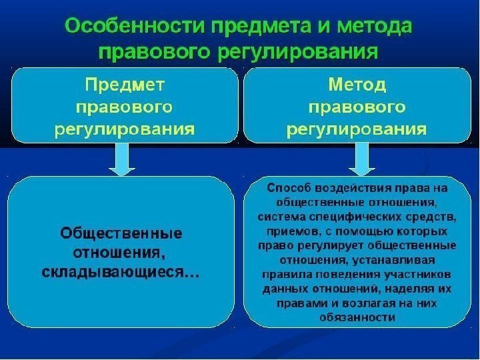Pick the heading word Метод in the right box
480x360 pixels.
(358, 85)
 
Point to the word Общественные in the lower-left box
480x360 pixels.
(121, 234)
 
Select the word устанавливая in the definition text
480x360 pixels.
(386, 260)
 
